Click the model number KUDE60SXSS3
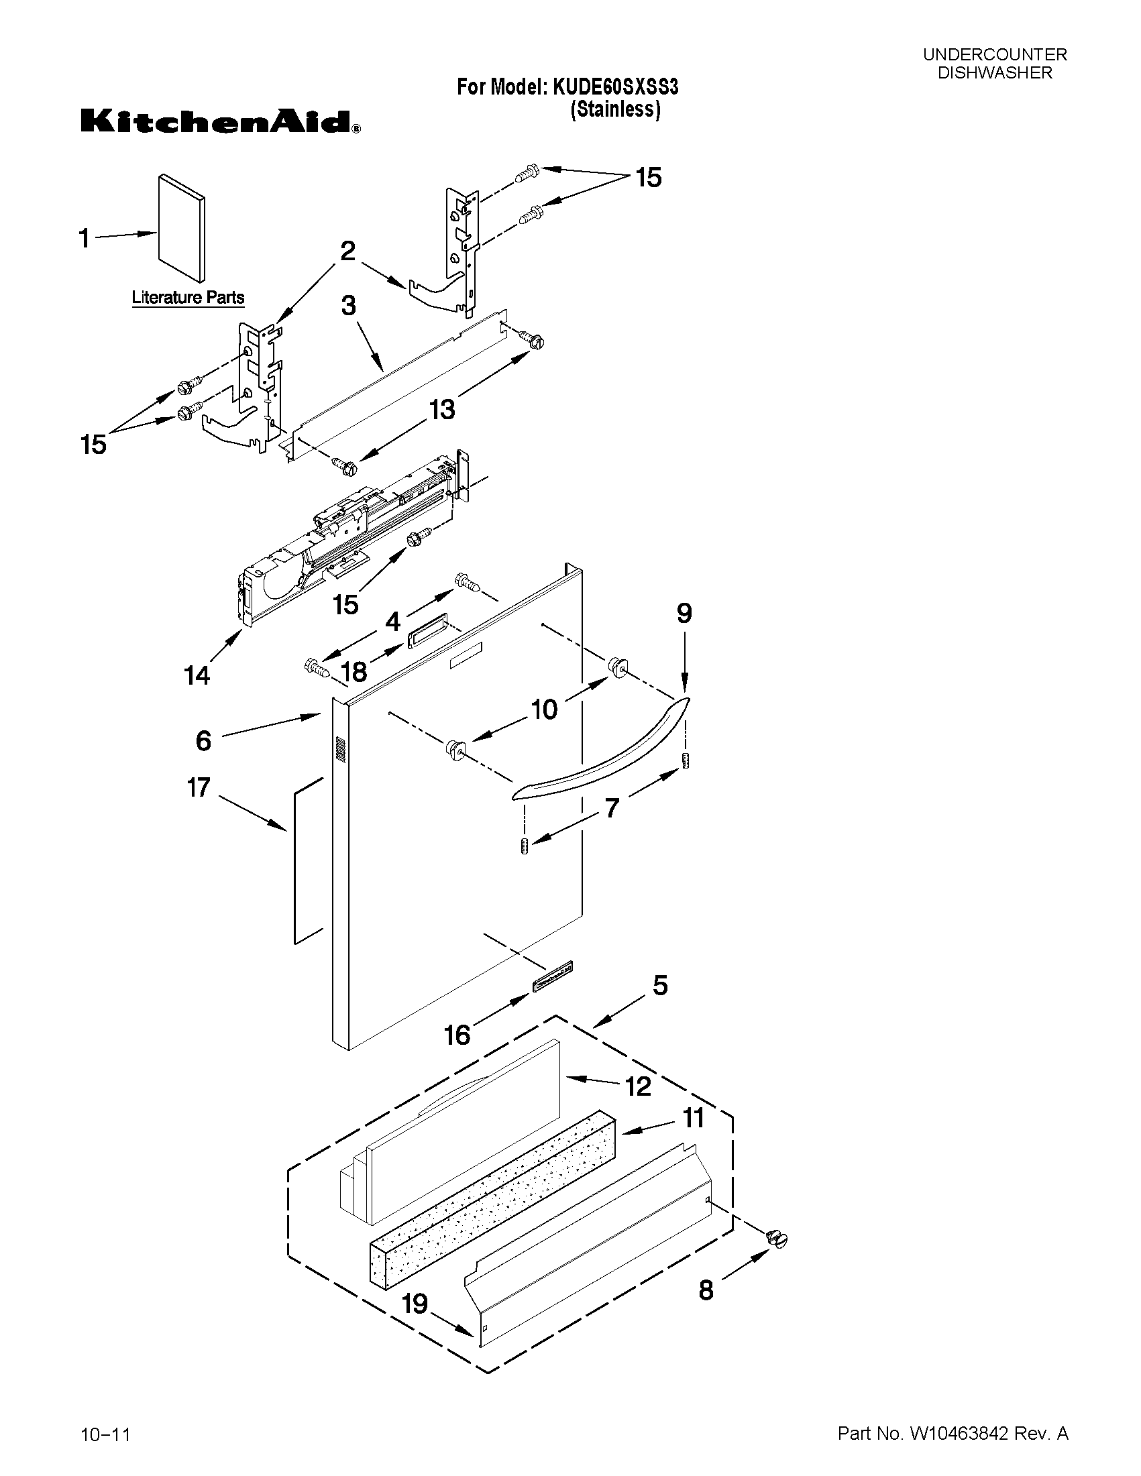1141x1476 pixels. (x=615, y=87)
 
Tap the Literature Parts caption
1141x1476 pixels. (x=188, y=297)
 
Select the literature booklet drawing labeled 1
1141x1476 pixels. (x=181, y=229)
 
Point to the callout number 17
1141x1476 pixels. (x=199, y=787)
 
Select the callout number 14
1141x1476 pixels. (x=197, y=675)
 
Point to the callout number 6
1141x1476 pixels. (x=203, y=741)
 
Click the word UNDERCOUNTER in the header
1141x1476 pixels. (x=995, y=55)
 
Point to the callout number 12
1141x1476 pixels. (x=638, y=1086)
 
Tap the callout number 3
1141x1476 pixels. (x=348, y=306)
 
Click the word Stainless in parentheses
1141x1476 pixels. (x=615, y=109)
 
